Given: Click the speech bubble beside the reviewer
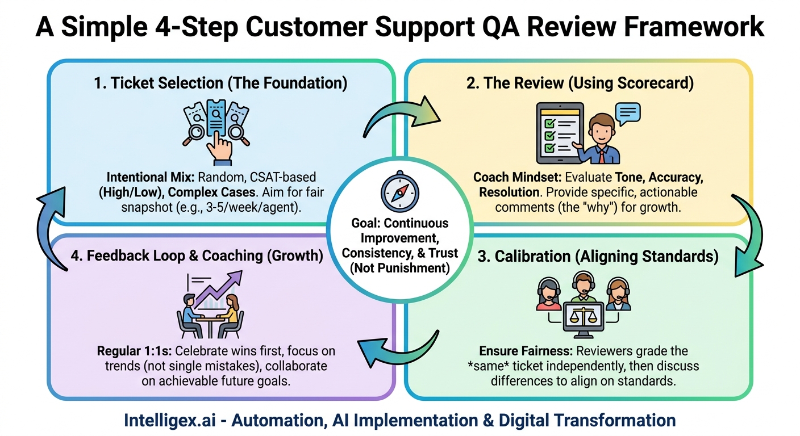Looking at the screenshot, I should pyautogui.click(x=627, y=114).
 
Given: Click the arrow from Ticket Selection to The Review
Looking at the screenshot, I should pyautogui.click(x=401, y=116).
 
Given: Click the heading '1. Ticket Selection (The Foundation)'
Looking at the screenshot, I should pyautogui.click(x=221, y=83).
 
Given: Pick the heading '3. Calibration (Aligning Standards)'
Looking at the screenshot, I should pyautogui.click(x=578, y=257).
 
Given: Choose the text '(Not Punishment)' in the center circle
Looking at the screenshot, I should pyautogui.click(x=399, y=267).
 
